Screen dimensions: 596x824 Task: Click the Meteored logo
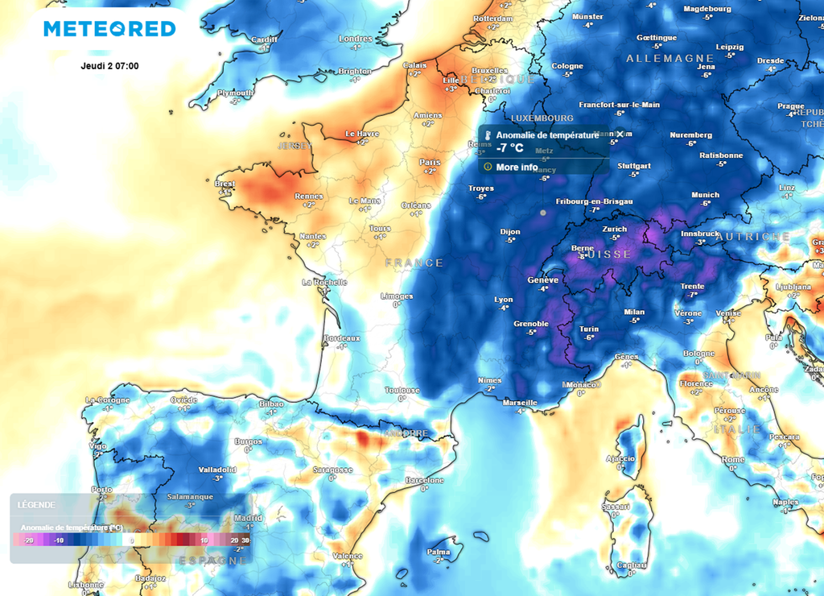(109, 29)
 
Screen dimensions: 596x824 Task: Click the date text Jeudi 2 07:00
(110, 66)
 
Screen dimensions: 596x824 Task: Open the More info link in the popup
(517, 167)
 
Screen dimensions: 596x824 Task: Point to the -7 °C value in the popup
(509, 148)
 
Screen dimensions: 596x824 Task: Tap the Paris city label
(430, 162)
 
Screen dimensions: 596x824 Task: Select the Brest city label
(225, 184)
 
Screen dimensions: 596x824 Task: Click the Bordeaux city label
(341, 338)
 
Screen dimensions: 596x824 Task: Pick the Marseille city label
(519, 402)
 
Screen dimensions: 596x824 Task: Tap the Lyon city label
(503, 300)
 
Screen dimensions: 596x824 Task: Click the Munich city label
(705, 195)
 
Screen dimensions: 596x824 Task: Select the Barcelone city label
(424, 480)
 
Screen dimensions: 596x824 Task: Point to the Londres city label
(355, 39)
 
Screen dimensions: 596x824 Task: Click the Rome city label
(733, 459)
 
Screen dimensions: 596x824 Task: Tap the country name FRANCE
(414, 263)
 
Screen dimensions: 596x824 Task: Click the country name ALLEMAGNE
(669, 59)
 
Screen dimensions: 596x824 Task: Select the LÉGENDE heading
(36, 505)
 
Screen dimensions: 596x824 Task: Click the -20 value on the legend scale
(28, 540)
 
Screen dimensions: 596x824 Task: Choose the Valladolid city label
(217, 469)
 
